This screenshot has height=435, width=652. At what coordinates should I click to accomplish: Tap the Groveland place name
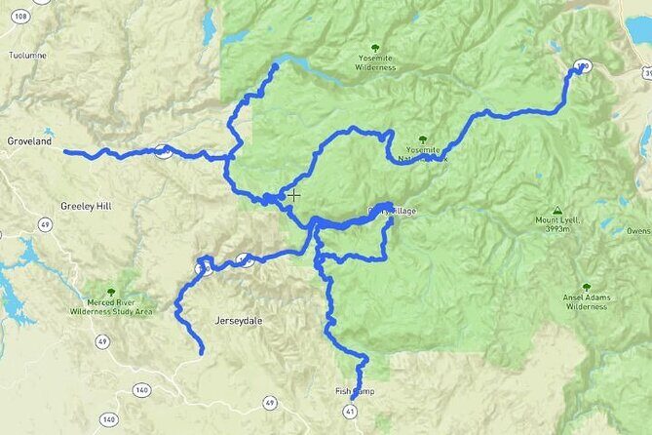click(29, 141)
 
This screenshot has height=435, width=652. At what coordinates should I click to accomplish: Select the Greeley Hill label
click(86, 207)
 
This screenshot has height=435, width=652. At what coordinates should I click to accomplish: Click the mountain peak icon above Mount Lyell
click(556, 210)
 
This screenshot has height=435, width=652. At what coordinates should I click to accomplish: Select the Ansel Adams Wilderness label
click(586, 301)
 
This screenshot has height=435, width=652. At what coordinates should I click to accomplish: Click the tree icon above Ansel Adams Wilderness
click(586, 287)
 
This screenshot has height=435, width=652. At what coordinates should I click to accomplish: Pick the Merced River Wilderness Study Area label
click(111, 307)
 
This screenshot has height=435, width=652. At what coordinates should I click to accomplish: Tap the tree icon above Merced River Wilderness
click(111, 291)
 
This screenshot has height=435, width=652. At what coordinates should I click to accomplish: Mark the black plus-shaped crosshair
click(293, 195)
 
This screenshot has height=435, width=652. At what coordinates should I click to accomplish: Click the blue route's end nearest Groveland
click(66, 151)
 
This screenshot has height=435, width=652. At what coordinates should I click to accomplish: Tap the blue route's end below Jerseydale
click(202, 351)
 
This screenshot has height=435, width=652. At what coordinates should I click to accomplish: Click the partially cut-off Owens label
click(638, 231)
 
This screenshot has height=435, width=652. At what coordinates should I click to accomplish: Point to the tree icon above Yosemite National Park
click(421, 140)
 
